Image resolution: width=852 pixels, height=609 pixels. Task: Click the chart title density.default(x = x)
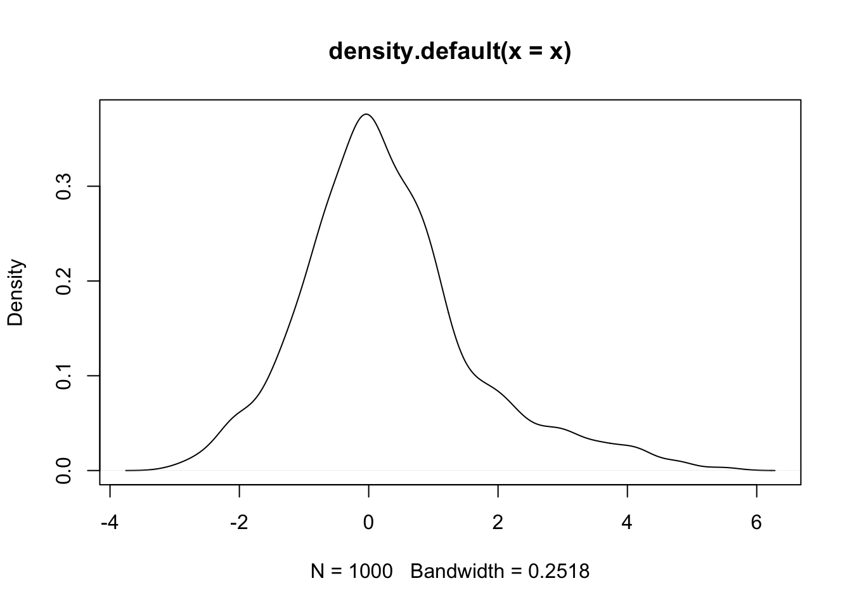pyautogui.click(x=450, y=52)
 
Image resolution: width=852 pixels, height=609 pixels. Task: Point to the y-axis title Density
pyautogui.click(x=15, y=292)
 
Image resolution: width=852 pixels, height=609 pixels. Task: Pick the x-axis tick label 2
pyautogui.click(x=498, y=524)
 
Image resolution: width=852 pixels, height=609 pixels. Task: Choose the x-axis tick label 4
pyautogui.click(x=628, y=524)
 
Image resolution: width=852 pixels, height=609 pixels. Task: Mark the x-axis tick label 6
pyautogui.click(x=756, y=524)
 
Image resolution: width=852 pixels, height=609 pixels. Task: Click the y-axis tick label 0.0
pyautogui.click(x=64, y=470)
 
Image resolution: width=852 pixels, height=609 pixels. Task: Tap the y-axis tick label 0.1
pyautogui.click(x=64, y=376)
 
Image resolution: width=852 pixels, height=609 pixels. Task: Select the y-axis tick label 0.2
pyautogui.click(x=64, y=281)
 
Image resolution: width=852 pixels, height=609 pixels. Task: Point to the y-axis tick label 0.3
pyautogui.click(x=64, y=187)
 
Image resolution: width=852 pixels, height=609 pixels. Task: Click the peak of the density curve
pyautogui.click(x=366, y=114)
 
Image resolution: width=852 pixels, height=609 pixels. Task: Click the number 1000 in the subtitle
pyautogui.click(x=370, y=572)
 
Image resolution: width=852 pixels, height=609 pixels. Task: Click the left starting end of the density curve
pyautogui.click(x=126, y=470)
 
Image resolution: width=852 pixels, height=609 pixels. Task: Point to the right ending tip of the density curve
pyautogui.click(x=775, y=470)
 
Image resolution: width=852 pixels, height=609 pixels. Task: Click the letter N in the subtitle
pyautogui.click(x=317, y=572)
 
